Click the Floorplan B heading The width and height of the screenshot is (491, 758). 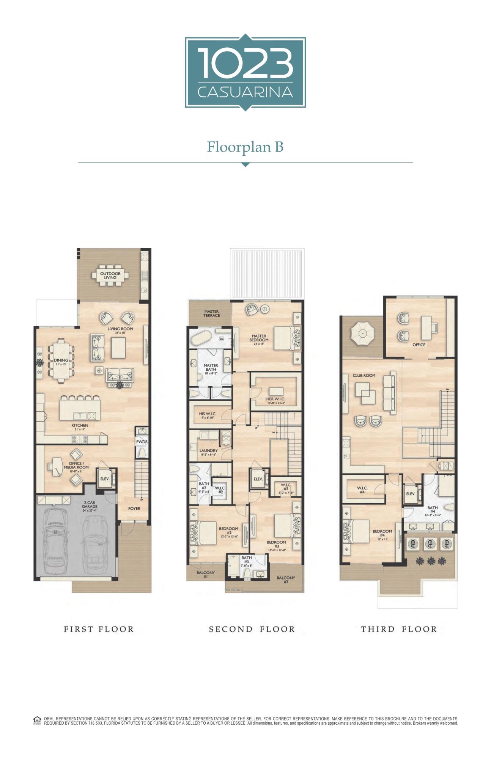[x=245, y=147]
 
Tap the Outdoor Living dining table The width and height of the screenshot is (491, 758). [x=110, y=276]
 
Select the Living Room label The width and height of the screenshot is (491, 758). [x=120, y=329]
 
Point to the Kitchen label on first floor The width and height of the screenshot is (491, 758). [x=80, y=425]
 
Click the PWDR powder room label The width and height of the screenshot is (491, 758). [x=142, y=442]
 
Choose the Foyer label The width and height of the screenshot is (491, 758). [x=134, y=509]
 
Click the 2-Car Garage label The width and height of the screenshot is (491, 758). [x=90, y=504]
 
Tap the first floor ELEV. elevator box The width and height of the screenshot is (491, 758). [x=105, y=479]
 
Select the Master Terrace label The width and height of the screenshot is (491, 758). [x=211, y=313]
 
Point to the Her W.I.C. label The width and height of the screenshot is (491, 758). [x=275, y=399]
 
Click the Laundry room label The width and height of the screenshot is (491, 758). [x=208, y=451]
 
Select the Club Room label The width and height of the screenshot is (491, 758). [x=364, y=376]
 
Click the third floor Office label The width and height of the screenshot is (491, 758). [x=419, y=345]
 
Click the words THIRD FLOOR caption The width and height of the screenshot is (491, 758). [x=399, y=630]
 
